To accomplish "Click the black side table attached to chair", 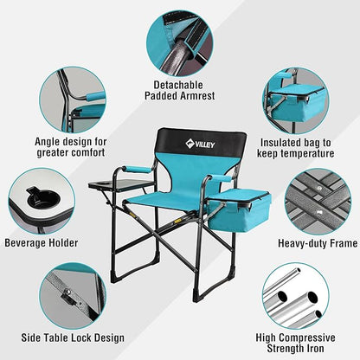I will [120, 186].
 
